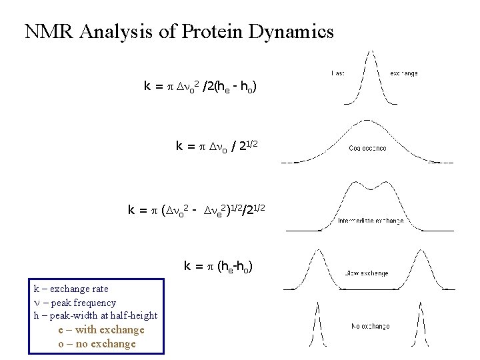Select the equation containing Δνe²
(197, 211)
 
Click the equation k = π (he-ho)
(218, 267)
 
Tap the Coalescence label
(367, 148)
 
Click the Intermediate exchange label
(370, 221)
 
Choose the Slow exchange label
(367, 273)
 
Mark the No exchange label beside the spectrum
(370, 326)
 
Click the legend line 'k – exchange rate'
(71, 289)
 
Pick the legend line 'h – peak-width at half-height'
(95, 315)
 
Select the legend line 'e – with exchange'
(101, 329)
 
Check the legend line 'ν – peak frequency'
(75, 303)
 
